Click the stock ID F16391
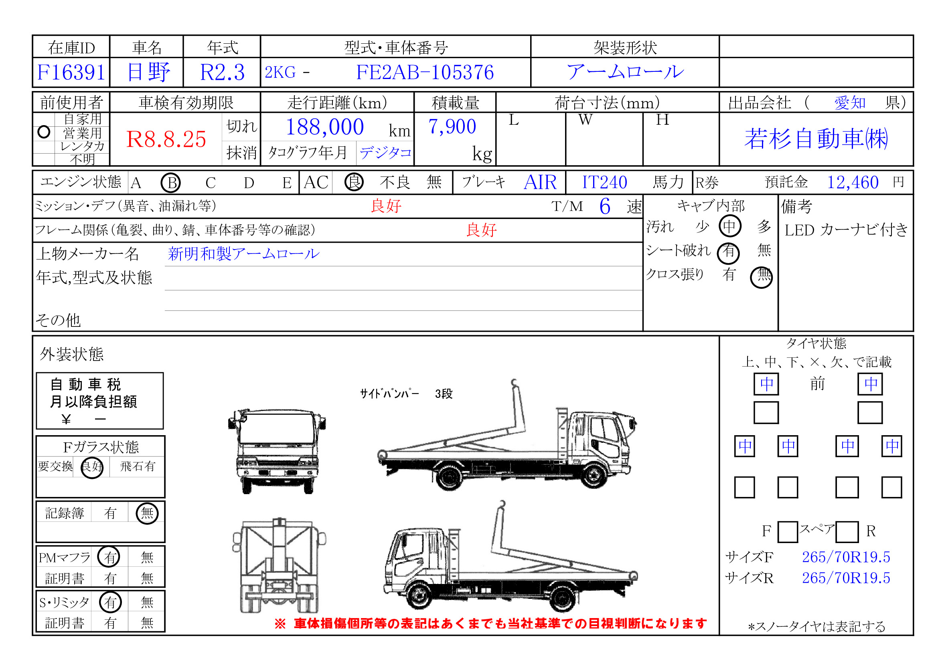(71, 72)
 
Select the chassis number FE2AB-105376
(425, 72)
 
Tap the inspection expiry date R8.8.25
(166, 139)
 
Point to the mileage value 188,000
(325, 127)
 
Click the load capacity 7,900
(452, 127)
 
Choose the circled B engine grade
(171, 182)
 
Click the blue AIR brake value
(540, 182)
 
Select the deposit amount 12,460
(853, 182)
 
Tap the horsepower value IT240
(605, 182)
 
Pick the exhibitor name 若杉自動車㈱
(816, 138)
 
